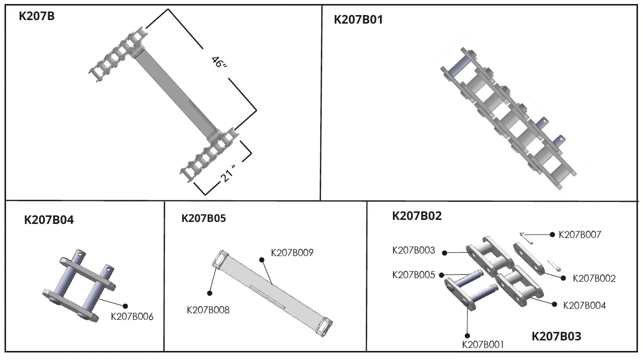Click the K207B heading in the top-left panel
[x=37, y=16]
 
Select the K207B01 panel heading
[x=358, y=20]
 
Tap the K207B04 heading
[x=49, y=220]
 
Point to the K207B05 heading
[x=203, y=218]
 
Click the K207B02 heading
[x=417, y=216]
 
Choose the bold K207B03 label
[x=556, y=336]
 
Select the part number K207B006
[x=132, y=317]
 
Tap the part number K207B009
[x=292, y=253]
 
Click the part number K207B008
[x=208, y=310]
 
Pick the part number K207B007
[x=580, y=234]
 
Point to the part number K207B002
[x=594, y=278]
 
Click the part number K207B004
[x=584, y=305]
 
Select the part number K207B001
[x=483, y=344]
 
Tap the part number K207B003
[x=413, y=251]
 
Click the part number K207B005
[x=413, y=275]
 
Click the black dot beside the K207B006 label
[x=125, y=305]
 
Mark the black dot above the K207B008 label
[x=209, y=293]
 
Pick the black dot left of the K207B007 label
[x=552, y=234]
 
